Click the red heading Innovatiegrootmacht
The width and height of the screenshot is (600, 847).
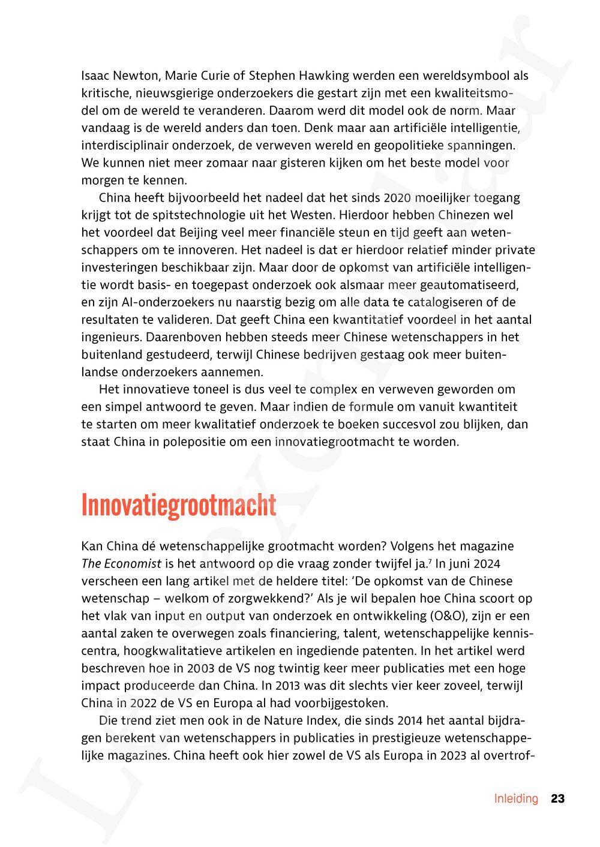[178, 506]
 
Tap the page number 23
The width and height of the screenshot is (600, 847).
[558, 798]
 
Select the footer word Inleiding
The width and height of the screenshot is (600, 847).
[516, 798]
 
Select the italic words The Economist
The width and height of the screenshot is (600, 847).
[121, 564]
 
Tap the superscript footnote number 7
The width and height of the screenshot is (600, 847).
[430, 561]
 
